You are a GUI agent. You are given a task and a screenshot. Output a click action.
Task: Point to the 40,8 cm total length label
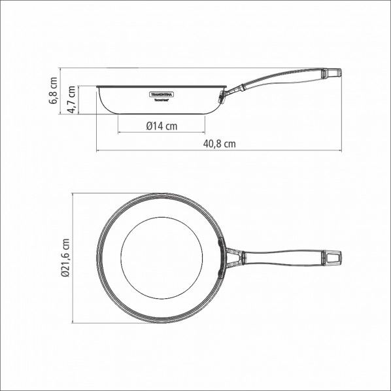coord(218,144)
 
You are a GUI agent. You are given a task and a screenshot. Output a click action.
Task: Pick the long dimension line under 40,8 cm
coord(218,151)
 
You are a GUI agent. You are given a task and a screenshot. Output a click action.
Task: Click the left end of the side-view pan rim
coord(97,87)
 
